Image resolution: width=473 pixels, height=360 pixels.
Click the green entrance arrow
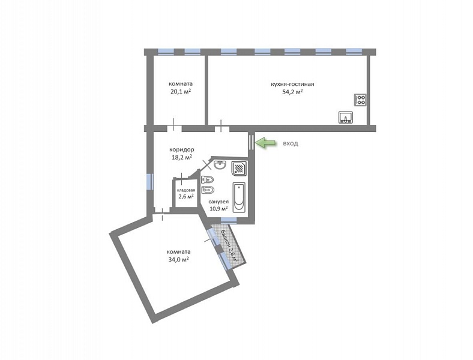point(266,143)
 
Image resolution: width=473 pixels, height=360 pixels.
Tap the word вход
point(290,143)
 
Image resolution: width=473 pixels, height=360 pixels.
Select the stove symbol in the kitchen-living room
point(360,100)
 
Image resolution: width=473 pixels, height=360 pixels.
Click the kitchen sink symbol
point(346,117)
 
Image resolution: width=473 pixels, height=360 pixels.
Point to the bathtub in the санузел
point(239,197)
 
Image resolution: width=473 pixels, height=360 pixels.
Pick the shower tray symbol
point(240,168)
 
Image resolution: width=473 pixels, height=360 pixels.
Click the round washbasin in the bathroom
point(220,165)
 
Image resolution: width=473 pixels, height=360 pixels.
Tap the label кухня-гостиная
point(292,84)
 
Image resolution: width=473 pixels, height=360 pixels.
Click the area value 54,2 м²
point(292,92)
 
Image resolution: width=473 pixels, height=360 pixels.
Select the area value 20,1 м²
point(181,91)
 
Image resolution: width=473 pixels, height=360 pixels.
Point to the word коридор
point(182,149)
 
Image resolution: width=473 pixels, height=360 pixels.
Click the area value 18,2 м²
point(182,157)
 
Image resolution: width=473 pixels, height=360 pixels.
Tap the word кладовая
point(186,190)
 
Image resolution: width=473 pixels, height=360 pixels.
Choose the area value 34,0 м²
point(179,259)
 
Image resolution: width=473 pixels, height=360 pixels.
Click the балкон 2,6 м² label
point(230,247)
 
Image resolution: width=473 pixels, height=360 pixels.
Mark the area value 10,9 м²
point(218,208)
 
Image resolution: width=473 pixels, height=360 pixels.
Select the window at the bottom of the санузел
point(229,220)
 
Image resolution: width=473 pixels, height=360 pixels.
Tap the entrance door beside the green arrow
point(252,142)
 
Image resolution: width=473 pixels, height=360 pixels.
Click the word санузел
point(218,202)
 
